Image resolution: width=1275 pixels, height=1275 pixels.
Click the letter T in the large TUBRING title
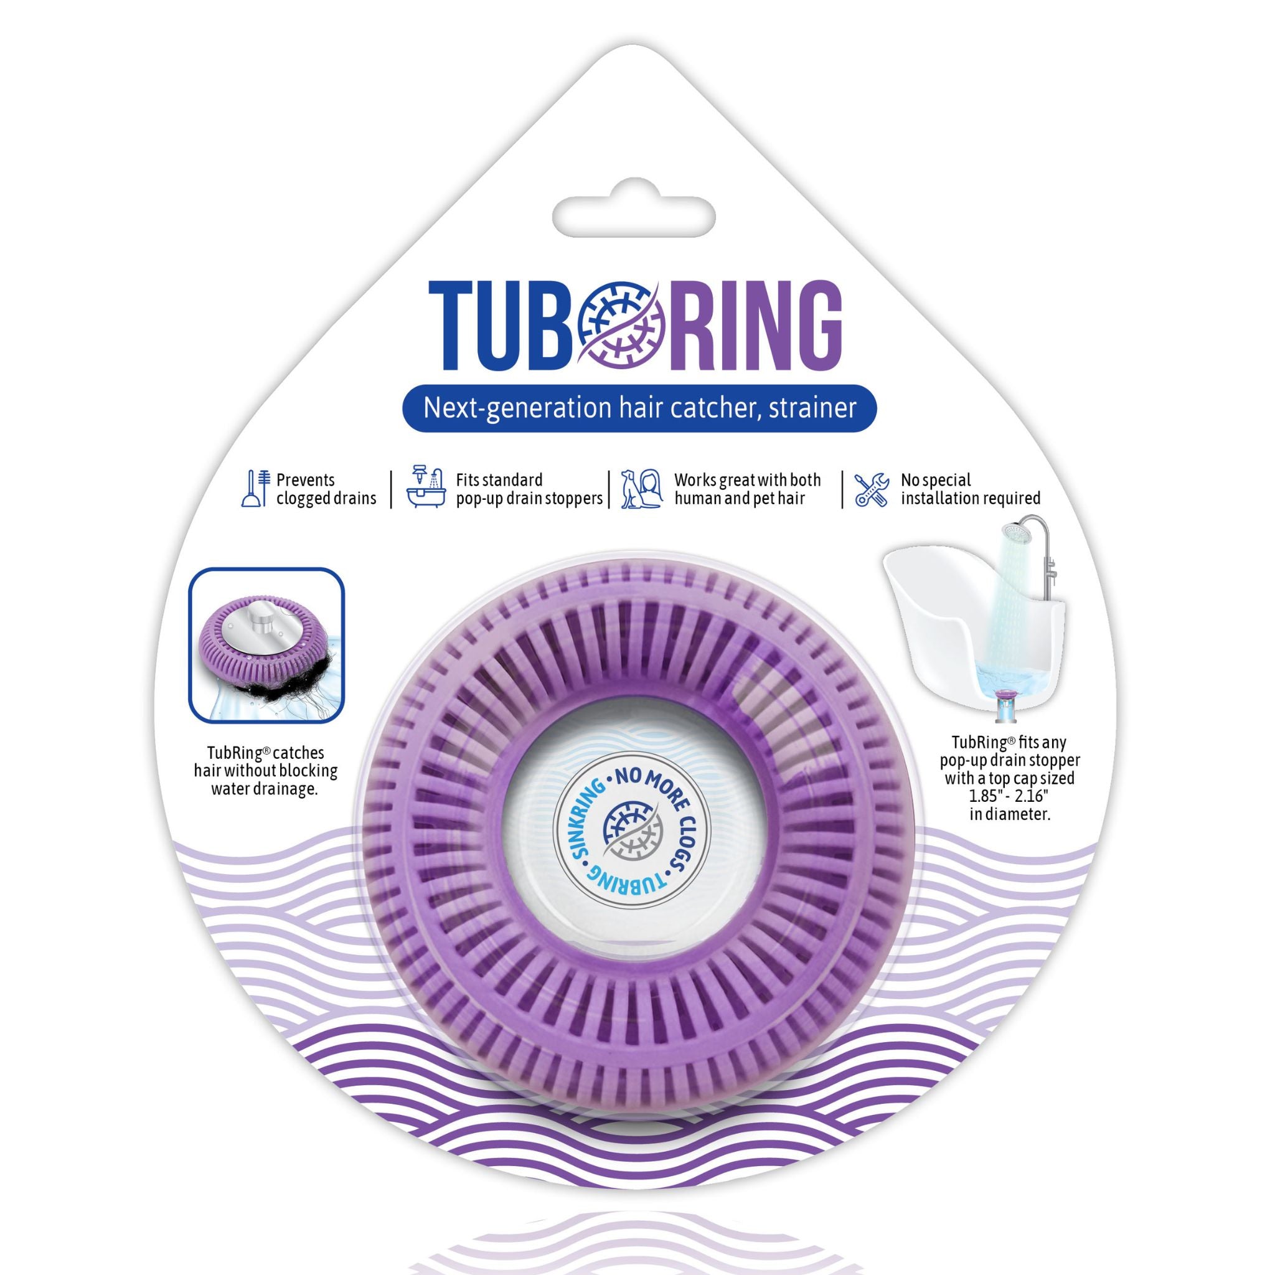[451, 325]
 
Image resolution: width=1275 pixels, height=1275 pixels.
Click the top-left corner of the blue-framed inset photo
[190, 570]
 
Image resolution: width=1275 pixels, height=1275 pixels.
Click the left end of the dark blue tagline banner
[404, 408]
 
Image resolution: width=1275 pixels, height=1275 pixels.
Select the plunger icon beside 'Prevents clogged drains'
[256, 488]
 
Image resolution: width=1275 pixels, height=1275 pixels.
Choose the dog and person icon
[641, 488]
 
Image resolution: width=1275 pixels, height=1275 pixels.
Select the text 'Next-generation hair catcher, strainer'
[639, 408]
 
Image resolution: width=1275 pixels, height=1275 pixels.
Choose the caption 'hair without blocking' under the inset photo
[265, 770]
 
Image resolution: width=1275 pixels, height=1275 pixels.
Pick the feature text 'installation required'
[970, 498]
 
